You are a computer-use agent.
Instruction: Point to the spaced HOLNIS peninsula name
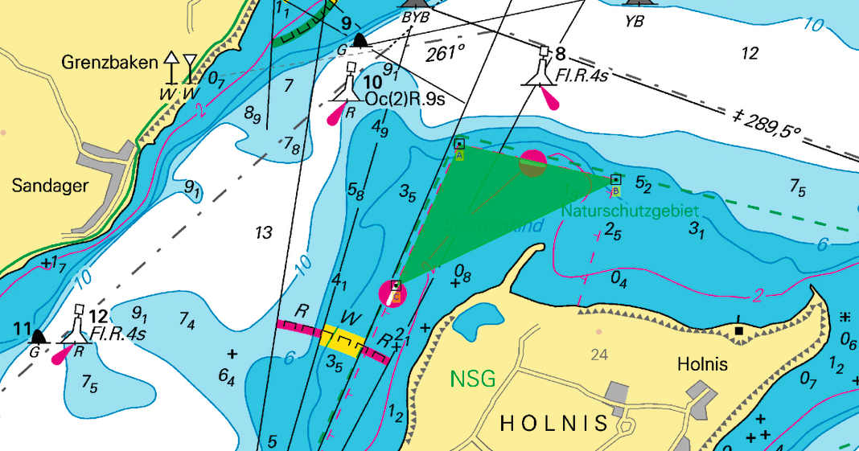coord(554,423)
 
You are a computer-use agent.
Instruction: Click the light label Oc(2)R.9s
coord(405,98)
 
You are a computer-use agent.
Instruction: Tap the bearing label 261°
coord(446,53)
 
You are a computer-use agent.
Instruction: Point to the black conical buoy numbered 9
coord(359,40)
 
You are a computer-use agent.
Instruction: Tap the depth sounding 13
coord(263,233)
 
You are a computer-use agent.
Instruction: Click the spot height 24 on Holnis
coord(599,354)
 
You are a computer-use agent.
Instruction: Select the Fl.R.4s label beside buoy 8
coord(583,77)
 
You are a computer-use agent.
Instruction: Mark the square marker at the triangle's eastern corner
coord(615,180)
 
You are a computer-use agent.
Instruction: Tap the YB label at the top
coord(635,21)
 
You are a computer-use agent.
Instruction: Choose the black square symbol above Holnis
coord(738,330)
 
